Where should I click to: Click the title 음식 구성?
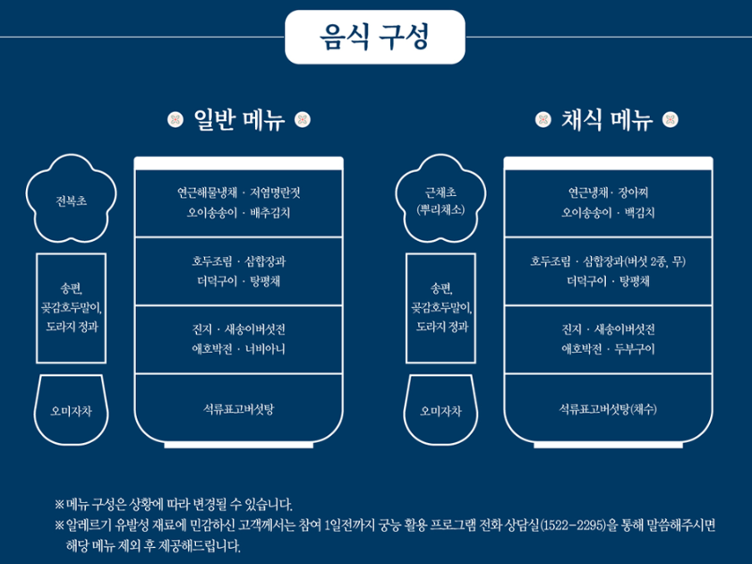(x=374, y=37)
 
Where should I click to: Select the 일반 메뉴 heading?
(x=238, y=120)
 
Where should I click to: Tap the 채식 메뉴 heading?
(x=607, y=120)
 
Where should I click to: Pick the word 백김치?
(x=638, y=213)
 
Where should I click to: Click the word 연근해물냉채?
(x=207, y=192)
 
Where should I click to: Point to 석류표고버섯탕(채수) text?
(x=608, y=409)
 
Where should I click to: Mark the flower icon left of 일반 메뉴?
(x=175, y=120)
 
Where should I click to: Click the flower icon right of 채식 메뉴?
(x=671, y=120)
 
